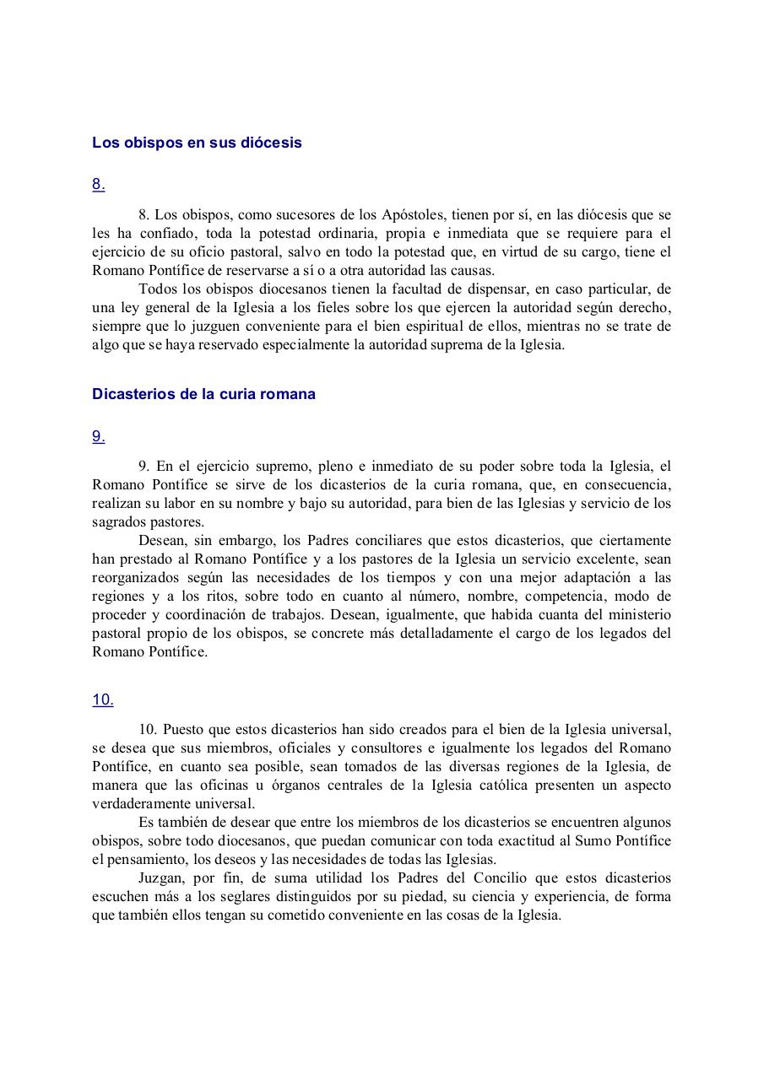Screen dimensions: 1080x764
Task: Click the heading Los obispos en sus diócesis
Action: (197, 143)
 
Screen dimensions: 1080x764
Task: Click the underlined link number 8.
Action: (98, 185)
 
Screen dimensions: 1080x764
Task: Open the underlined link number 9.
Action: (98, 436)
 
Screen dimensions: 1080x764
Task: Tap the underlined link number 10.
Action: (102, 699)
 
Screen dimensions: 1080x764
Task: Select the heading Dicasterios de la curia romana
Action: (203, 394)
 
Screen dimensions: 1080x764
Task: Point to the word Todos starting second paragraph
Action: (155, 289)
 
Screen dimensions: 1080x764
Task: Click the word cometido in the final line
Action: (271, 915)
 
